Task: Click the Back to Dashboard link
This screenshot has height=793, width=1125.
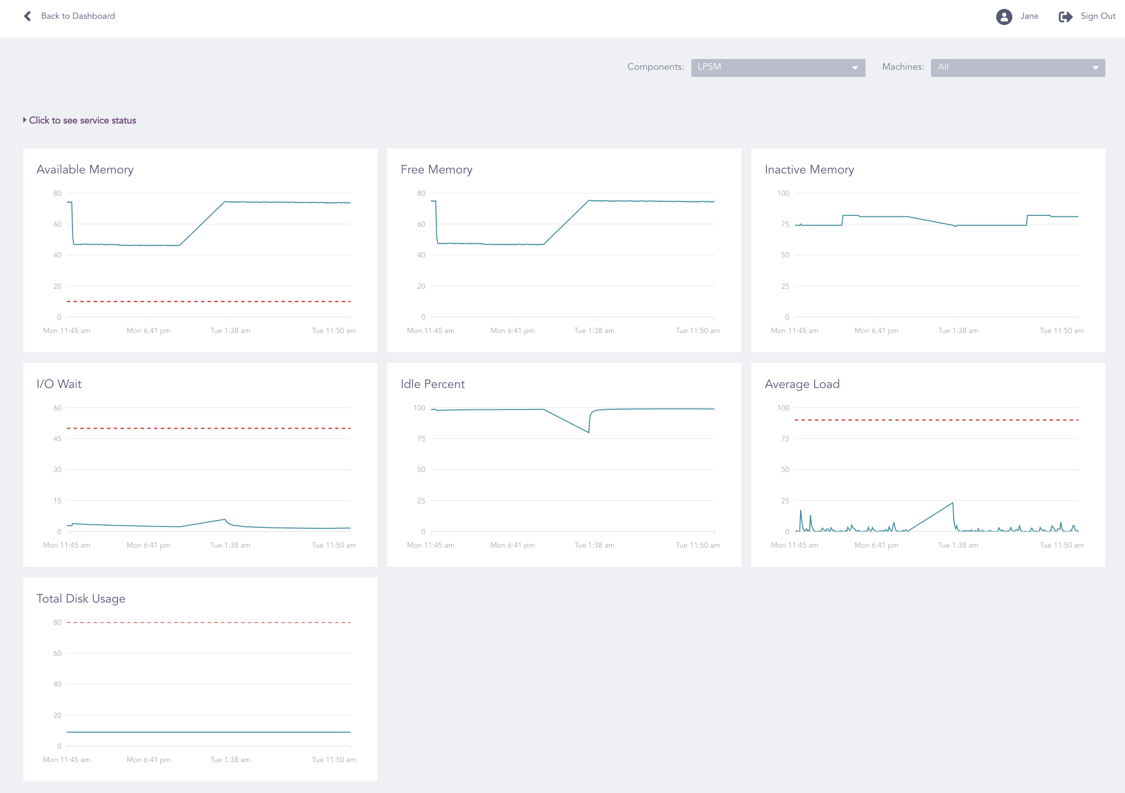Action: (77, 16)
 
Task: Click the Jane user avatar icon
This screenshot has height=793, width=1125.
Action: (1003, 17)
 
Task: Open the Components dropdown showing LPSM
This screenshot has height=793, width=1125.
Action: (778, 67)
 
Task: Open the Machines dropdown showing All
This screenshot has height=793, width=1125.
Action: (1017, 67)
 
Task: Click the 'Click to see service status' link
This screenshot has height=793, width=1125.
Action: (82, 121)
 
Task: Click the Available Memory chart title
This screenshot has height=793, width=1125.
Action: (85, 169)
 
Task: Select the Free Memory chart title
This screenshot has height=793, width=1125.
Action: (436, 169)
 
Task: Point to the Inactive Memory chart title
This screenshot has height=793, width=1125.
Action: (809, 169)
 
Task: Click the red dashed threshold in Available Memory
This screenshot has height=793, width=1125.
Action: (208, 301)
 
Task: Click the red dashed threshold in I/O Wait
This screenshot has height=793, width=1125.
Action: (208, 429)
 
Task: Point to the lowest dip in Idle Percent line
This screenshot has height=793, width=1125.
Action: (588, 432)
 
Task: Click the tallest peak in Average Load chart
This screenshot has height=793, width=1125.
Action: (952, 503)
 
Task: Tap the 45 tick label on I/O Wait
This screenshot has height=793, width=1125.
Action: (57, 439)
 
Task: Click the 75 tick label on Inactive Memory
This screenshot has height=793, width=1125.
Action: (785, 224)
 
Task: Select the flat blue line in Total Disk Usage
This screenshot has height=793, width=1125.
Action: (208, 732)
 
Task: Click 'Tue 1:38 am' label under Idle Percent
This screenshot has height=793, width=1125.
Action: (594, 545)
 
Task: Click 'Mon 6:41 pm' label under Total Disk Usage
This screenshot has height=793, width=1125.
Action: (148, 759)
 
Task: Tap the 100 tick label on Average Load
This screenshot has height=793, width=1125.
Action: (783, 408)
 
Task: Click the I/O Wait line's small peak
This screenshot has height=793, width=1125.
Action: (224, 520)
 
